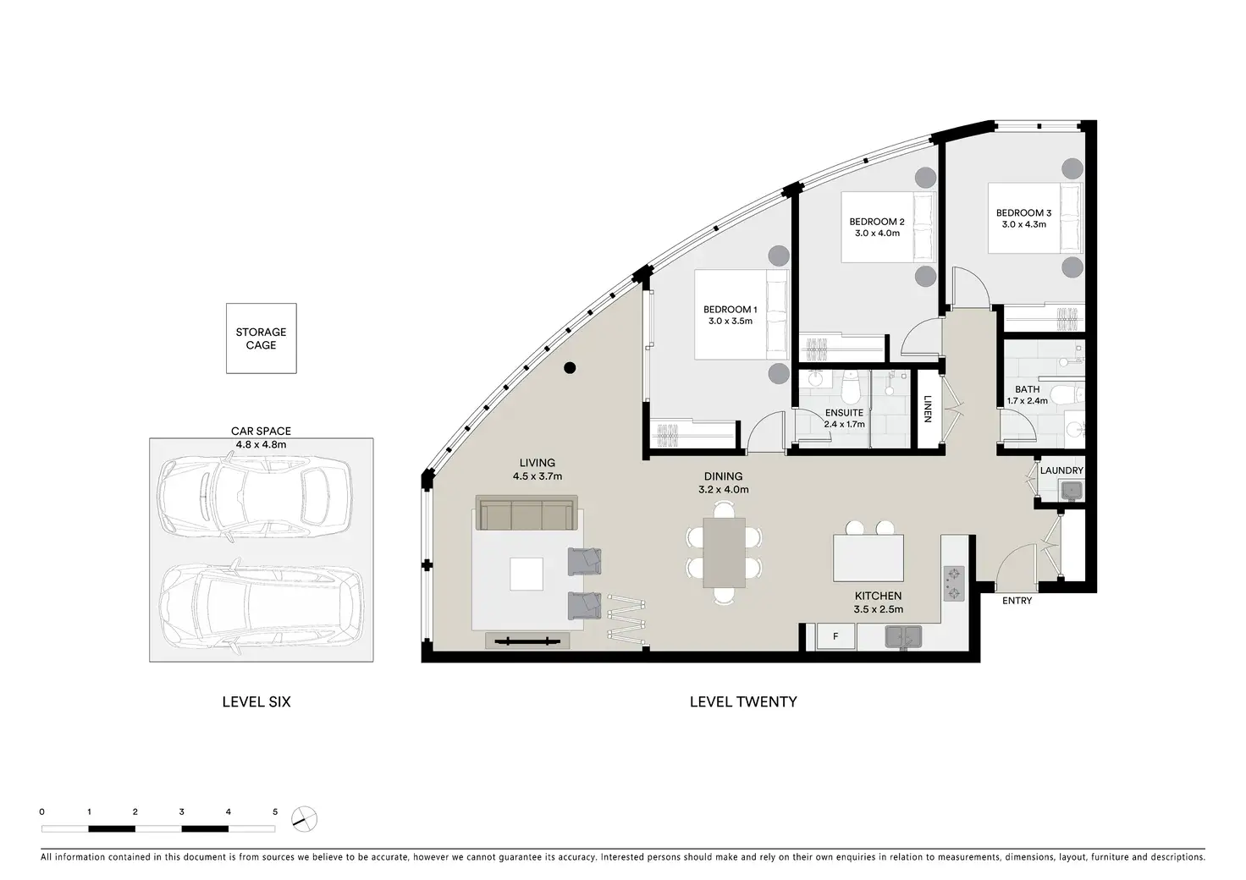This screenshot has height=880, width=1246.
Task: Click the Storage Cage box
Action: point(261,338)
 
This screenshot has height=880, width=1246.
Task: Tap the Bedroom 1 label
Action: point(730,310)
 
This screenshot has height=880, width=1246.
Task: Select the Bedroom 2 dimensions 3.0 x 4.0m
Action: point(877,234)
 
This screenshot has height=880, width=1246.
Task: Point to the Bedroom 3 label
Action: point(1023,213)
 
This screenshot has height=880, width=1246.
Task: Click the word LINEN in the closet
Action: point(927,409)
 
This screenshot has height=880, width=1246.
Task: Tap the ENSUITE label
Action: point(844,412)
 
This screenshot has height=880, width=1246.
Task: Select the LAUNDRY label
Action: point(1061,470)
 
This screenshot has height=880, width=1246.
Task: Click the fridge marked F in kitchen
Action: point(835,636)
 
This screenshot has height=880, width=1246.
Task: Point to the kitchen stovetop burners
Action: point(953,584)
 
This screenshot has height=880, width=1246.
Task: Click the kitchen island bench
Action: point(868,558)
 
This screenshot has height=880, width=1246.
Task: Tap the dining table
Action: point(724,553)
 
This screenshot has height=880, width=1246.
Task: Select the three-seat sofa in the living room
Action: point(527,513)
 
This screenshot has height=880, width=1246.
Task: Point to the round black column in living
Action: point(570,367)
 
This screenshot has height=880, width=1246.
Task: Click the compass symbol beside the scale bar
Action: point(304,819)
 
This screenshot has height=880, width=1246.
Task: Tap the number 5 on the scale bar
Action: point(275,811)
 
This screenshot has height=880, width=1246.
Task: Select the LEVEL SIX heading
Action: point(256,701)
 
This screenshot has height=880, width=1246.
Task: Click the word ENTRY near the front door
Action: point(1017,601)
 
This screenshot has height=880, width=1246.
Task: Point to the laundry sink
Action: point(1072,490)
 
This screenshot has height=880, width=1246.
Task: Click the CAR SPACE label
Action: point(261,431)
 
